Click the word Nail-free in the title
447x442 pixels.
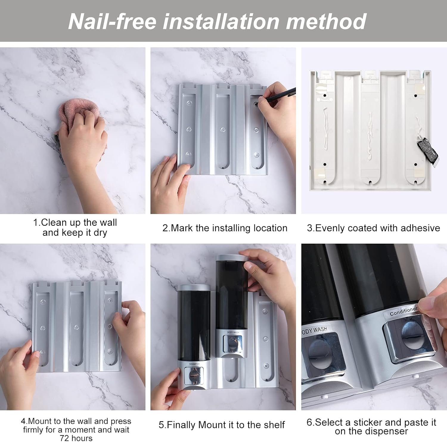112,21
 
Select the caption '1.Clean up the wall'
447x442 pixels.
75,222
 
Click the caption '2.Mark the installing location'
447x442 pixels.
225,228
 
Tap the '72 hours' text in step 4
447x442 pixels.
76,438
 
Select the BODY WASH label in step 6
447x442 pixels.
314,330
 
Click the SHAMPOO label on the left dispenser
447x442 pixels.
194,364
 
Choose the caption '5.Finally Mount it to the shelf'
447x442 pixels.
222,425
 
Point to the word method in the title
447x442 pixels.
326,21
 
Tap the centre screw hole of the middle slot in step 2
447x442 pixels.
223,130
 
